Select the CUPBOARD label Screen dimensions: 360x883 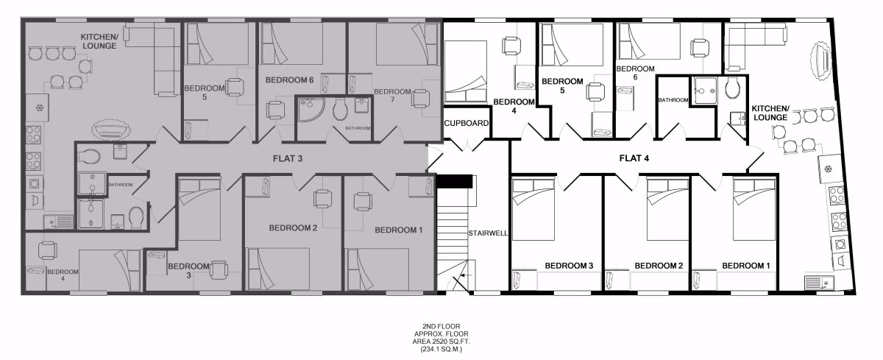(467, 123)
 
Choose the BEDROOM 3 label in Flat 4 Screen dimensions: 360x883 (569, 265)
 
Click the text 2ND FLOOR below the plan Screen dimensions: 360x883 (441, 325)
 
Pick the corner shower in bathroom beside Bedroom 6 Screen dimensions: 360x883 (309, 111)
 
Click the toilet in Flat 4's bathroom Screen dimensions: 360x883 (731, 88)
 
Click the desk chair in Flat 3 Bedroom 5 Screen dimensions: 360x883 (235, 88)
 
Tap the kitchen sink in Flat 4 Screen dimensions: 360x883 (815, 280)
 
